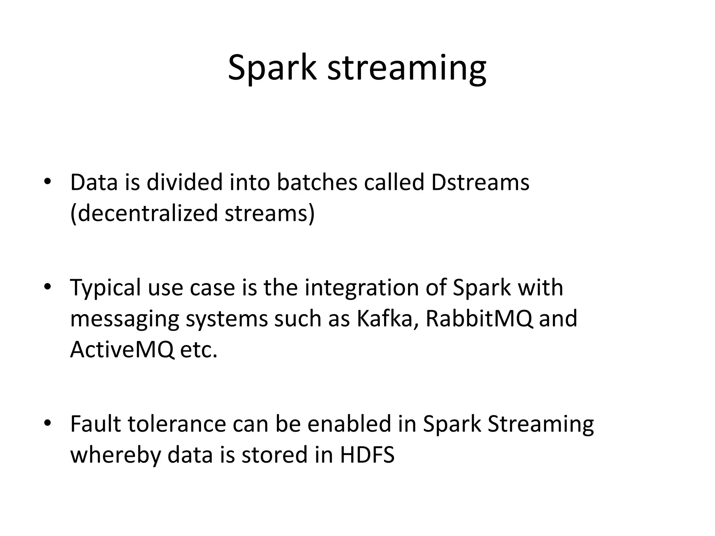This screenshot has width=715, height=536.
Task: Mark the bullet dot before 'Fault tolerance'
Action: [x=47, y=423]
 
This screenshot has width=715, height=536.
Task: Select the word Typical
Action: [x=107, y=288]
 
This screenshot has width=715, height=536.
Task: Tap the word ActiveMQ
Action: [x=122, y=350]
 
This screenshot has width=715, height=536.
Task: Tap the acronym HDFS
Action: [x=367, y=455]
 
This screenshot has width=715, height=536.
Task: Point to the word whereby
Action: [x=116, y=456]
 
